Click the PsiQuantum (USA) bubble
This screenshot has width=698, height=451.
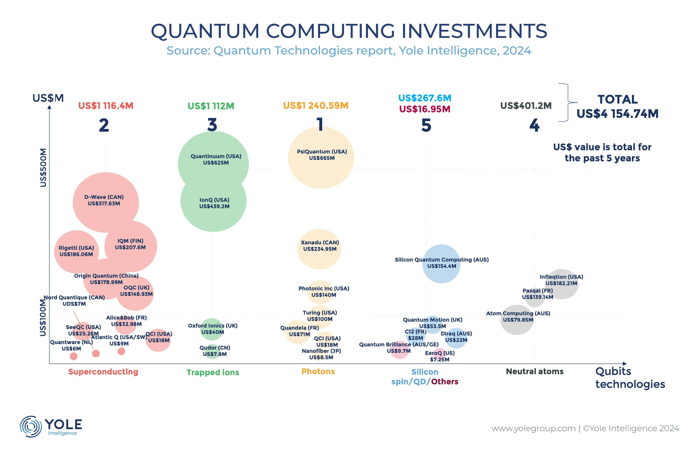click(x=321, y=158)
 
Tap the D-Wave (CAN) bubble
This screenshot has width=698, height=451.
click(x=106, y=202)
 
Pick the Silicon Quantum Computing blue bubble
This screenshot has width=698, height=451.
click(x=441, y=264)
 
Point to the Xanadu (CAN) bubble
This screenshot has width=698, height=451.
click(x=319, y=249)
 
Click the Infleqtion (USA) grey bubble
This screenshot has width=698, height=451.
click(x=561, y=284)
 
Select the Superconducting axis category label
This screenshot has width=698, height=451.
click(x=103, y=372)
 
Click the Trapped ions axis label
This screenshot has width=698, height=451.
click(x=213, y=372)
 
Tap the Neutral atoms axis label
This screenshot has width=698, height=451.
click(x=535, y=371)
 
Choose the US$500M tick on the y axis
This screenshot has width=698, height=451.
click(x=43, y=168)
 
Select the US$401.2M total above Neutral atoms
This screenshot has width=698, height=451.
click(x=526, y=105)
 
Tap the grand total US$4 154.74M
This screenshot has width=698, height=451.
click(x=617, y=114)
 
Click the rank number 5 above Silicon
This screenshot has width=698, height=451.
click(x=426, y=125)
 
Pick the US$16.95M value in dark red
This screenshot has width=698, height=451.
click(x=425, y=109)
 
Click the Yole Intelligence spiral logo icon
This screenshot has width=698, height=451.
click(x=30, y=426)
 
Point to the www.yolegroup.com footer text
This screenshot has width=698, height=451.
click(x=533, y=429)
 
